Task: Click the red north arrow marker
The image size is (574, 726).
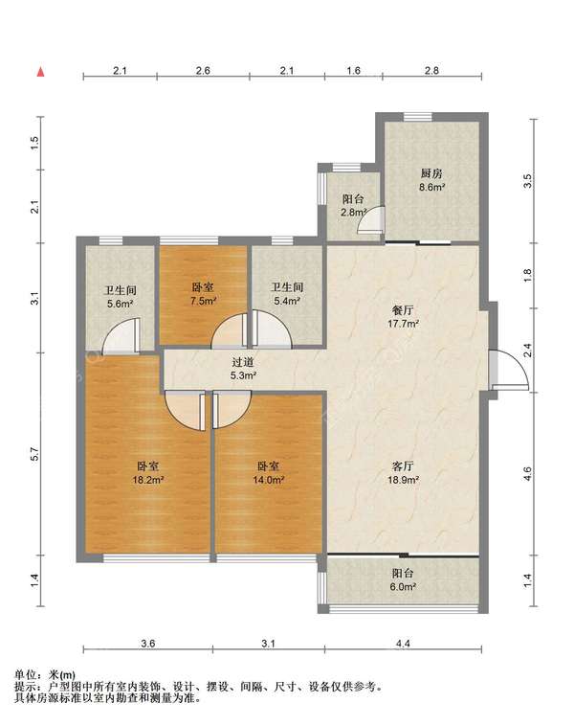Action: [x=41, y=72]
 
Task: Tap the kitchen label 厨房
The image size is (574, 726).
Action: [x=431, y=173]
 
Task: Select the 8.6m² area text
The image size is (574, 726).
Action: [x=432, y=187]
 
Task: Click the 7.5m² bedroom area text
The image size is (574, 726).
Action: [x=203, y=301]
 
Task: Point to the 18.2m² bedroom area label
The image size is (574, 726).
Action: [x=147, y=480]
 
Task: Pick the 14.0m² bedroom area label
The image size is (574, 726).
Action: [x=268, y=480]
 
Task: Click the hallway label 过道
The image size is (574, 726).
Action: [x=243, y=362]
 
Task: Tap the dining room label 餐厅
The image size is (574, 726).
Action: [x=403, y=309]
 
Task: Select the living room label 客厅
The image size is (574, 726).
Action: [x=403, y=466]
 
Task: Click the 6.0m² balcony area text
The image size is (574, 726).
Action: [x=403, y=586]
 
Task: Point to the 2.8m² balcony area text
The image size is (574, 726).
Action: [x=354, y=213]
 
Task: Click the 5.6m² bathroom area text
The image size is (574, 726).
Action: [x=121, y=304]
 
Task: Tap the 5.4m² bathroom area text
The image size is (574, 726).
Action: [x=287, y=301]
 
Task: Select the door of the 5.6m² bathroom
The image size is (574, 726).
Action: [x=121, y=336]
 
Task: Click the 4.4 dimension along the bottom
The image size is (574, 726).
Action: [x=403, y=644]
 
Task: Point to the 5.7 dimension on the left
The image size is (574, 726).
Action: [x=35, y=454]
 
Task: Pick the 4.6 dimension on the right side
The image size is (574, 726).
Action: [x=528, y=474]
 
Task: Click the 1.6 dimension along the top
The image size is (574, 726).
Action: [x=353, y=70]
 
